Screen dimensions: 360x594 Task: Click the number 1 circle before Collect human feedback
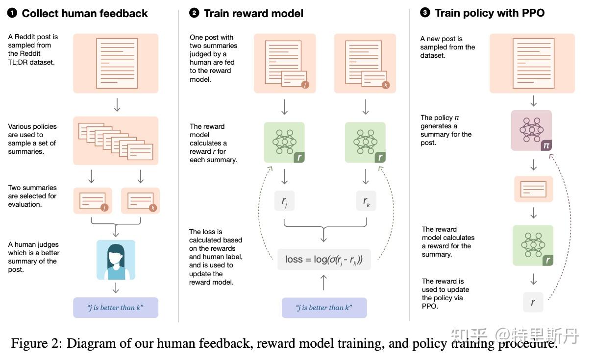[12, 13]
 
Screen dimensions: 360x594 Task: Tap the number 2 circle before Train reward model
[194, 13]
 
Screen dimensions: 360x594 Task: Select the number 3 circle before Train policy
[425, 13]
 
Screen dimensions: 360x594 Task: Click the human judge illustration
[116, 260]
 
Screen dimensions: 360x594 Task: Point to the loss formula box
[324, 259]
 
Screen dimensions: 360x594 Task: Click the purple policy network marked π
[531, 130]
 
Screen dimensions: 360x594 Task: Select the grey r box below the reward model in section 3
[533, 302]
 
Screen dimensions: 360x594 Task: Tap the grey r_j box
[284, 201]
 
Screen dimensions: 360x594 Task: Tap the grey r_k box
[366, 201]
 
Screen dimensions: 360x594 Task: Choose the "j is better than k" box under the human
[116, 308]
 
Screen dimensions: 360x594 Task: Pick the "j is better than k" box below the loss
[324, 308]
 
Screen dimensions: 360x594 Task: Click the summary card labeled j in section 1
[93, 201]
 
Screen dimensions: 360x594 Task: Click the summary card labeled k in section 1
[140, 201]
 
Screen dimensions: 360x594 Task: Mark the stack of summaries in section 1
[116, 141]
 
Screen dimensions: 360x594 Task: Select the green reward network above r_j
[284, 143]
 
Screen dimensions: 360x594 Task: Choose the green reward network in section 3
[533, 245]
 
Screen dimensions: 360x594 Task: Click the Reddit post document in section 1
[116, 63]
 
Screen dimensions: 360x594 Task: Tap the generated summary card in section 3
[533, 189]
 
